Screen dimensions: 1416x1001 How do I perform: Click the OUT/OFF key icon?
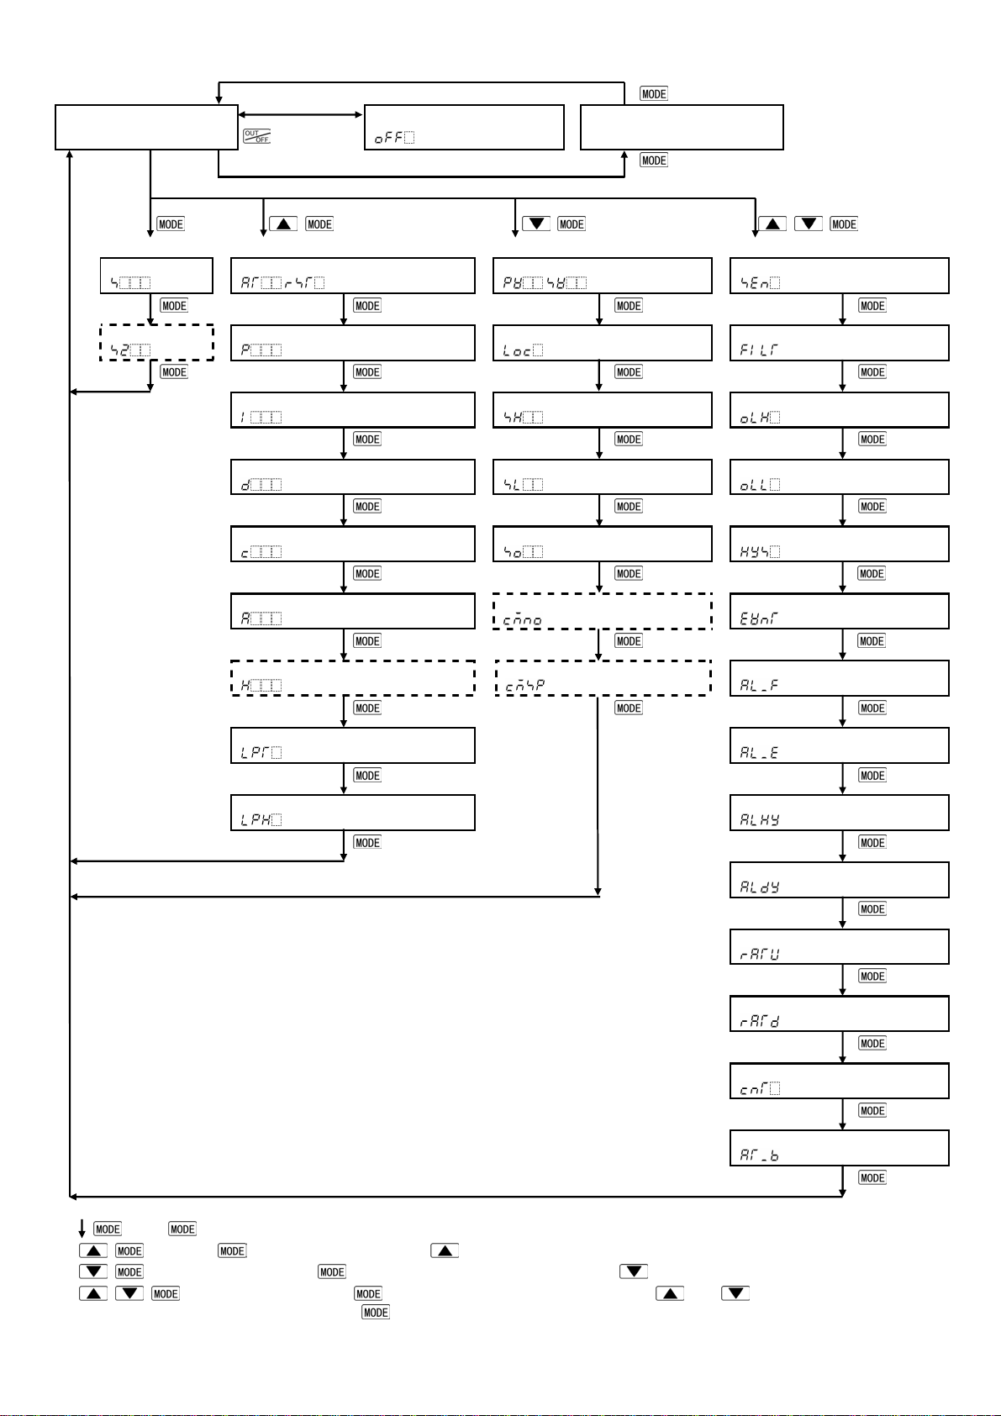point(256,136)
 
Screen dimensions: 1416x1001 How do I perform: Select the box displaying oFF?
point(464,128)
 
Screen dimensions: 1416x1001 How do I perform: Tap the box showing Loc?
point(602,343)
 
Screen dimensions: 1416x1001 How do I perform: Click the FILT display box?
point(839,343)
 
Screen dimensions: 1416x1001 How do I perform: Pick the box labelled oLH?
point(839,410)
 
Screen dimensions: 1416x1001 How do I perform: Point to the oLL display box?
point(839,477)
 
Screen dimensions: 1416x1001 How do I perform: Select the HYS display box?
point(839,545)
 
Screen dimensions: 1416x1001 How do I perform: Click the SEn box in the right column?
point(839,276)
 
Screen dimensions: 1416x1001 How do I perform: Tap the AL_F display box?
point(839,678)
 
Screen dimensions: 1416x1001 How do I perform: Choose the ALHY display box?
point(839,813)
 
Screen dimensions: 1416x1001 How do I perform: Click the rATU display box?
point(839,947)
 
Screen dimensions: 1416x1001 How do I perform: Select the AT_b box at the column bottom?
point(839,1148)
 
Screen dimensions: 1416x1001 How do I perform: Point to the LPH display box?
point(352,813)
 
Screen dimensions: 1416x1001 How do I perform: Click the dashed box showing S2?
point(156,343)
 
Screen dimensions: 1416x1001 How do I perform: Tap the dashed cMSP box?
point(603,678)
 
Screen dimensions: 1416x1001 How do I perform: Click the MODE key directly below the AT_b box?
point(872,1178)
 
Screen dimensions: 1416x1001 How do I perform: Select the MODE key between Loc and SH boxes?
point(629,372)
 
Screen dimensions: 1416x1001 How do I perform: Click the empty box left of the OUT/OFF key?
point(146,128)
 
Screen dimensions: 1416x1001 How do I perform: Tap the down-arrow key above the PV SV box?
point(536,224)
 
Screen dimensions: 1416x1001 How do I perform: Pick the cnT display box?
point(839,1081)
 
